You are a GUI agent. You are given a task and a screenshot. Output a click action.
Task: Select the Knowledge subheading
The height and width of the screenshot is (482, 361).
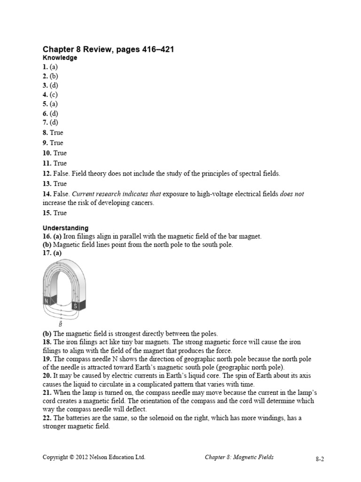60,58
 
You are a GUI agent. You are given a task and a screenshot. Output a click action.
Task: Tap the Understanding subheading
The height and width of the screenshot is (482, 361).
65,228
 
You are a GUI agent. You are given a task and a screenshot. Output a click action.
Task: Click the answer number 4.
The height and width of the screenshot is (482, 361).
45,95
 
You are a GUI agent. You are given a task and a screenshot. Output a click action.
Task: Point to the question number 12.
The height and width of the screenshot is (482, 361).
47,174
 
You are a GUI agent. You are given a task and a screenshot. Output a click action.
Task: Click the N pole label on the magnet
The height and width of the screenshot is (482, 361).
47,300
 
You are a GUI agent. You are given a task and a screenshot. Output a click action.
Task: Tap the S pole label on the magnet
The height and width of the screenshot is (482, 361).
75,306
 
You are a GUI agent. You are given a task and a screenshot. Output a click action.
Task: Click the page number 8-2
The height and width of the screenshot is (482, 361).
320,458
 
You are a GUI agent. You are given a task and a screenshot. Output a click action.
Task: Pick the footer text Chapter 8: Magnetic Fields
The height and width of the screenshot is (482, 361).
239,457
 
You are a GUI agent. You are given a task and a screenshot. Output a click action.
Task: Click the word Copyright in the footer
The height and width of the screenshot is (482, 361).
55,457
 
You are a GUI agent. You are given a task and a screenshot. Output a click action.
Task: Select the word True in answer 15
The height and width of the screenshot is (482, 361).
60,213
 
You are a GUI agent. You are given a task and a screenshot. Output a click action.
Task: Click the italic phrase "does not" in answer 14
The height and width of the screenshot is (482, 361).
292,194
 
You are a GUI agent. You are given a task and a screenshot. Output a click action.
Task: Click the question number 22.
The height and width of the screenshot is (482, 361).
47,418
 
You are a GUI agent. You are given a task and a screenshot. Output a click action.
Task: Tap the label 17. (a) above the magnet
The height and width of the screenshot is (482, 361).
52,253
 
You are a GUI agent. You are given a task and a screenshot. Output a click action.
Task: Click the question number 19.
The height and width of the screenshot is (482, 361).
47,359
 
